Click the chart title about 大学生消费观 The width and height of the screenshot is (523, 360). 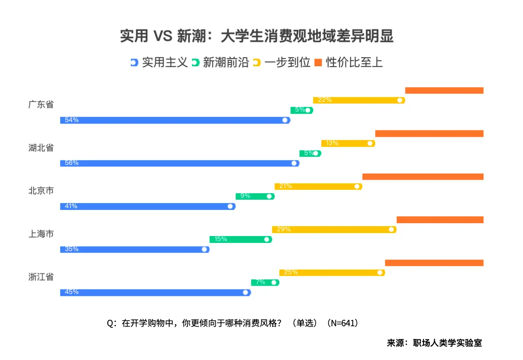pos(256,36)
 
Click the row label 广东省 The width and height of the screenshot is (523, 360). pos(41,105)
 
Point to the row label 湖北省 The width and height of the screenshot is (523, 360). pos(41,148)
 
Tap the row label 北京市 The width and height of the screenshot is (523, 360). pos(41,191)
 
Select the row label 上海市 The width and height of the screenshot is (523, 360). pos(41,234)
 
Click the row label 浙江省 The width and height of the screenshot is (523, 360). pos(41,277)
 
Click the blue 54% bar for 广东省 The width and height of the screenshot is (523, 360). pos(175,120)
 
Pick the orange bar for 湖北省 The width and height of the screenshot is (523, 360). pos(429,134)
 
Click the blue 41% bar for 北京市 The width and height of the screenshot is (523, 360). pos(148,207)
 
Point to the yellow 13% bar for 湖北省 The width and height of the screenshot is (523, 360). pos(348,143)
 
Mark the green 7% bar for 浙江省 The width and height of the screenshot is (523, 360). pos(265,283)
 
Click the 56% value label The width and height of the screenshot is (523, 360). pos(72,163)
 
